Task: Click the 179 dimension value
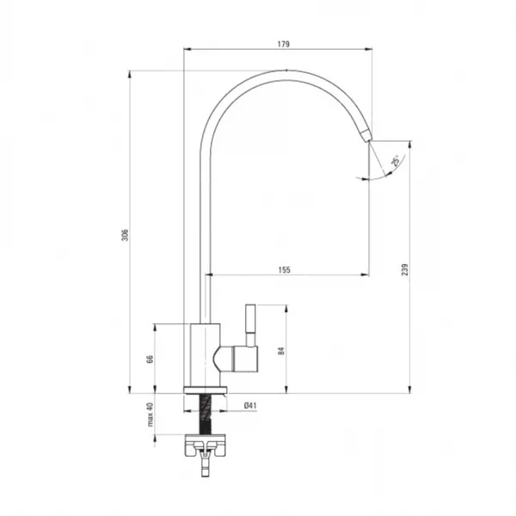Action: pos(283,44)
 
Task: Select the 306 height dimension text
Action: pos(125,235)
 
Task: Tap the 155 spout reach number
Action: pos(285,270)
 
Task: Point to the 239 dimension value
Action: pos(405,269)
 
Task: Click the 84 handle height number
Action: pos(281,351)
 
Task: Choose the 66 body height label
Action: pos(150,359)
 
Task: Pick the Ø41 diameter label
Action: pos(250,405)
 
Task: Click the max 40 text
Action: pos(150,415)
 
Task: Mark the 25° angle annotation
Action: pos(396,160)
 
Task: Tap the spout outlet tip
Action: pos(369,141)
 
